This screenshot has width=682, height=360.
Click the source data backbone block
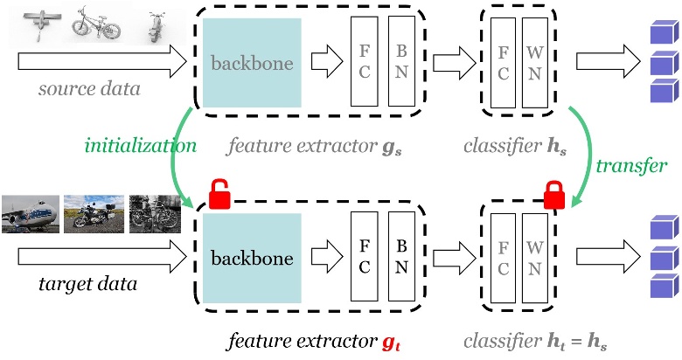pyautogui.click(x=252, y=64)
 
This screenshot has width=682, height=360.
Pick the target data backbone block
pyautogui.click(x=252, y=260)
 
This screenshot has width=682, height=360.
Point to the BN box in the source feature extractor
pyautogui.click(x=401, y=64)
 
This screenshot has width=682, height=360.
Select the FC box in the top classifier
pyautogui.click(x=502, y=64)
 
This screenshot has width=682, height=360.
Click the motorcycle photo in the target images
pyautogui.click(x=93, y=215)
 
